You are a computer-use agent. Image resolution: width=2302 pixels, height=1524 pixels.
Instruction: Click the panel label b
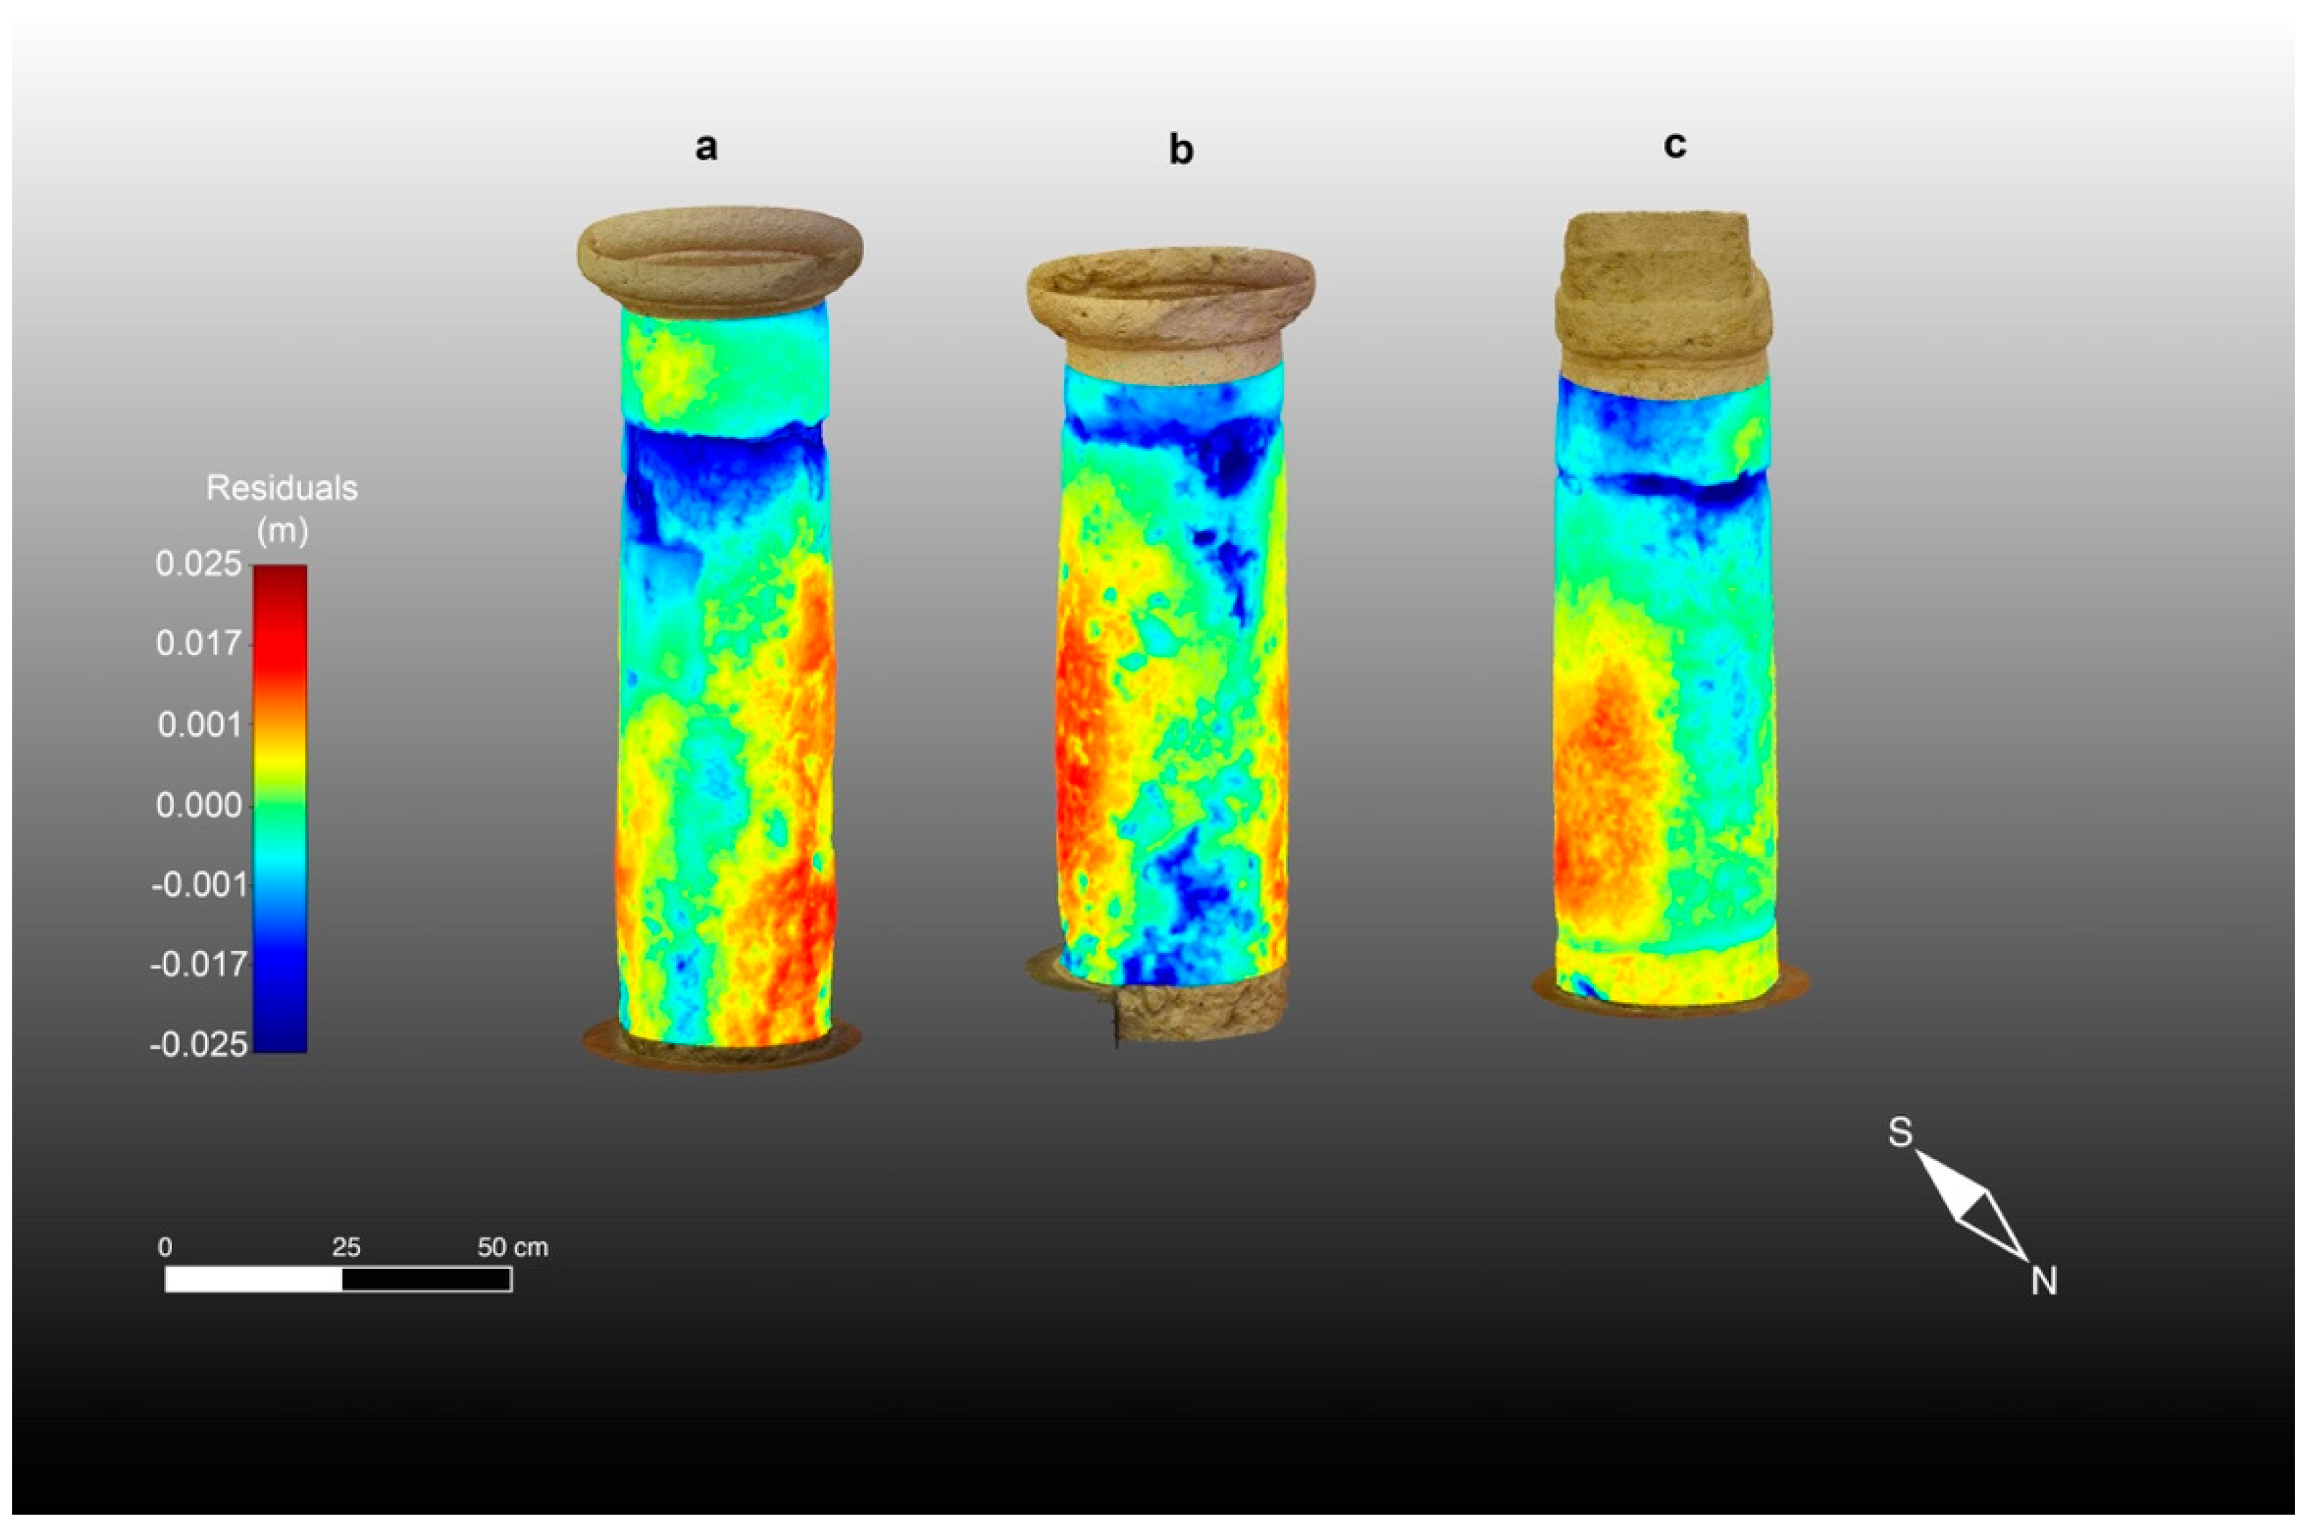pyautogui.click(x=1180, y=151)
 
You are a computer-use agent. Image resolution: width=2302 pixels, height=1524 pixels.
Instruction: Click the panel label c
pyautogui.click(x=1674, y=144)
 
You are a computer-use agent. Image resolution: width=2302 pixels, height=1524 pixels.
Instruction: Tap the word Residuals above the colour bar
pyautogui.click(x=282, y=488)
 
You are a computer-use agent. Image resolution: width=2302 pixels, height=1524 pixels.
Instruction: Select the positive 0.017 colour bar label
pyautogui.click(x=198, y=644)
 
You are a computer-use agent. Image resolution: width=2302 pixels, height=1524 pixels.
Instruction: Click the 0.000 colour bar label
pyautogui.click(x=198, y=806)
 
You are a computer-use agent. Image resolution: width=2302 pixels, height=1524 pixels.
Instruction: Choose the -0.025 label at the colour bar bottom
pyautogui.click(x=198, y=1045)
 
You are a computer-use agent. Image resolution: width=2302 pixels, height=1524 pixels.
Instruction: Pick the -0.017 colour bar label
pyautogui.click(x=198, y=965)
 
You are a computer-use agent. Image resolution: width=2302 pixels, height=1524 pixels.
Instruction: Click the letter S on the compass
pyautogui.click(x=1899, y=1132)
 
